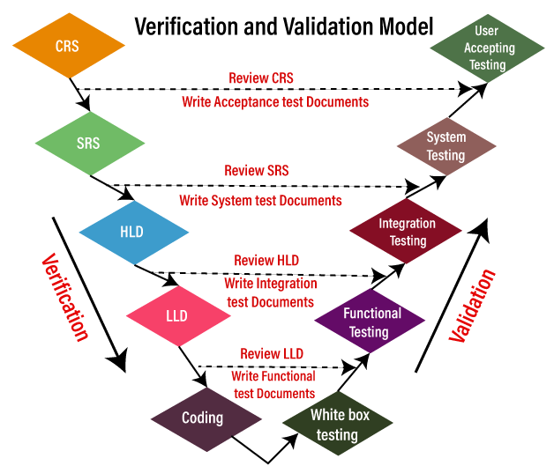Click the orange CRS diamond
point(67,45)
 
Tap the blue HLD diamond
point(133,232)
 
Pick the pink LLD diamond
point(176,315)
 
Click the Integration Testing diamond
point(407,232)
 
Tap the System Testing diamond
point(445,146)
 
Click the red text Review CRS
point(261,78)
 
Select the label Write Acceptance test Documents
point(275,102)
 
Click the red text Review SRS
point(257,170)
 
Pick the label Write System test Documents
point(260,201)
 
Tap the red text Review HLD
point(266,261)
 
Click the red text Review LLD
point(271,354)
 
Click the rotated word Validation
point(474,304)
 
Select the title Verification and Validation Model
point(273,25)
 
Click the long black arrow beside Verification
point(88,291)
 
